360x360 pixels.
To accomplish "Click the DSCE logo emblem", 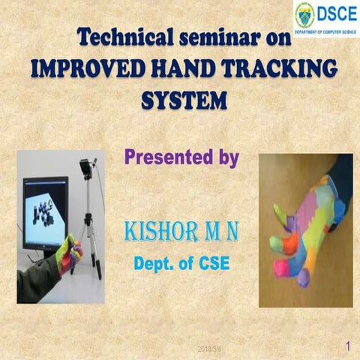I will (304, 14).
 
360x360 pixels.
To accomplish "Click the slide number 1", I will (348, 346).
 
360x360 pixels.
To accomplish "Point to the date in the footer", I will (208, 349).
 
